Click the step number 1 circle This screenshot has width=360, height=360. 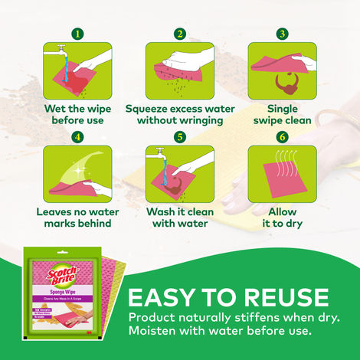77,34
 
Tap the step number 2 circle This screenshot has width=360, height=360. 179,34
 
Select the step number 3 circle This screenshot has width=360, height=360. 282,34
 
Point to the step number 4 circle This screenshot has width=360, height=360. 77,138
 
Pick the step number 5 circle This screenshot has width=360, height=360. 179,138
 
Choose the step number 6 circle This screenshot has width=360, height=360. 282,138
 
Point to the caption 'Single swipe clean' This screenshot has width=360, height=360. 282,114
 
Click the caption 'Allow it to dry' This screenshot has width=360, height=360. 282,218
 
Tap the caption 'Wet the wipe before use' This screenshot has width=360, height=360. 77,114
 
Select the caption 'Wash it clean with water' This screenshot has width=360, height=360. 179,218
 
